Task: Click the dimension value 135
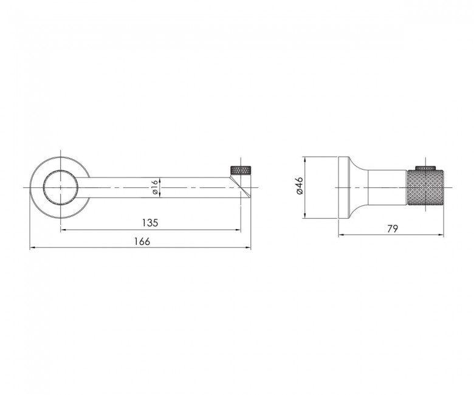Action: [x=150, y=223]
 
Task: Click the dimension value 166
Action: [x=142, y=241]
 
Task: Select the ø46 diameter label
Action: [x=299, y=185]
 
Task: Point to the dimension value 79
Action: [x=393, y=228]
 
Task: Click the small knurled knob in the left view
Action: [x=241, y=170]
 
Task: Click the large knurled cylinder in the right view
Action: [x=425, y=188]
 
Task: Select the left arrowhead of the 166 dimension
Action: [x=32, y=248]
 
